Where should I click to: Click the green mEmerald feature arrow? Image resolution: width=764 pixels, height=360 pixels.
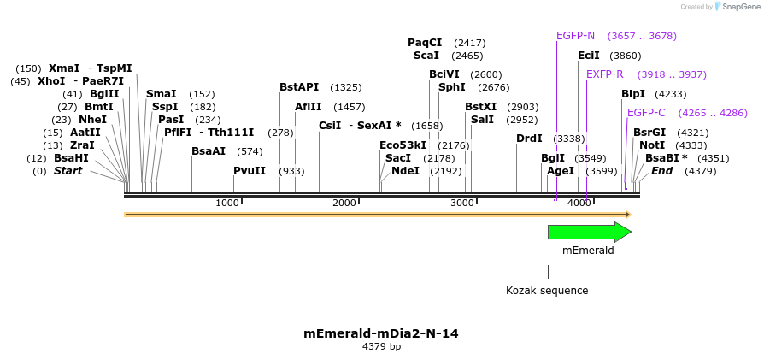click(x=588, y=232)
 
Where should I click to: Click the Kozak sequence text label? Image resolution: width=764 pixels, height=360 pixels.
click(x=547, y=291)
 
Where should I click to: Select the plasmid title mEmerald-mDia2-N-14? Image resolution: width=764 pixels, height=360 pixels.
click(x=381, y=333)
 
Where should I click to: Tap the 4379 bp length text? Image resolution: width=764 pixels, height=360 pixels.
click(x=381, y=347)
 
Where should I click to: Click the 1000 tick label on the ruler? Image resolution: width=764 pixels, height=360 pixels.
click(x=227, y=203)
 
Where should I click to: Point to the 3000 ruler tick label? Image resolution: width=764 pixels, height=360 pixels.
click(x=461, y=203)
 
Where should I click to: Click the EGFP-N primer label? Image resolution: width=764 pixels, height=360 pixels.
click(x=575, y=36)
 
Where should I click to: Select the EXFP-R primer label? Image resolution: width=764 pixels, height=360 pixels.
click(x=604, y=74)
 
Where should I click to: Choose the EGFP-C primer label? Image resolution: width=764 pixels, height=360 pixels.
click(x=646, y=113)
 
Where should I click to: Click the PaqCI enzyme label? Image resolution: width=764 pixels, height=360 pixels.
click(x=425, y=43)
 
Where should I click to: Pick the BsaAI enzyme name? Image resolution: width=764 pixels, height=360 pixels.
click(x=209, y=151)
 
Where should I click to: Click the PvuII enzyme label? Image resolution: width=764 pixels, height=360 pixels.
click(x=250, y=171)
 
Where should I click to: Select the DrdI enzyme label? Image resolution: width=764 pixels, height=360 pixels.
click(x=529, y=139)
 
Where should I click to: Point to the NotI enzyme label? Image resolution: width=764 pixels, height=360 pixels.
click(x=652, y=145)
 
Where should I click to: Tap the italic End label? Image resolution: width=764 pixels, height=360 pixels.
click(x=661, y=171)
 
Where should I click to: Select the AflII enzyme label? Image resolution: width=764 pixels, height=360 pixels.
click(x=308, y=107)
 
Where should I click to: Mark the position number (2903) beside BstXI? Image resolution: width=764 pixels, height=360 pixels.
click(x=522, y=107)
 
